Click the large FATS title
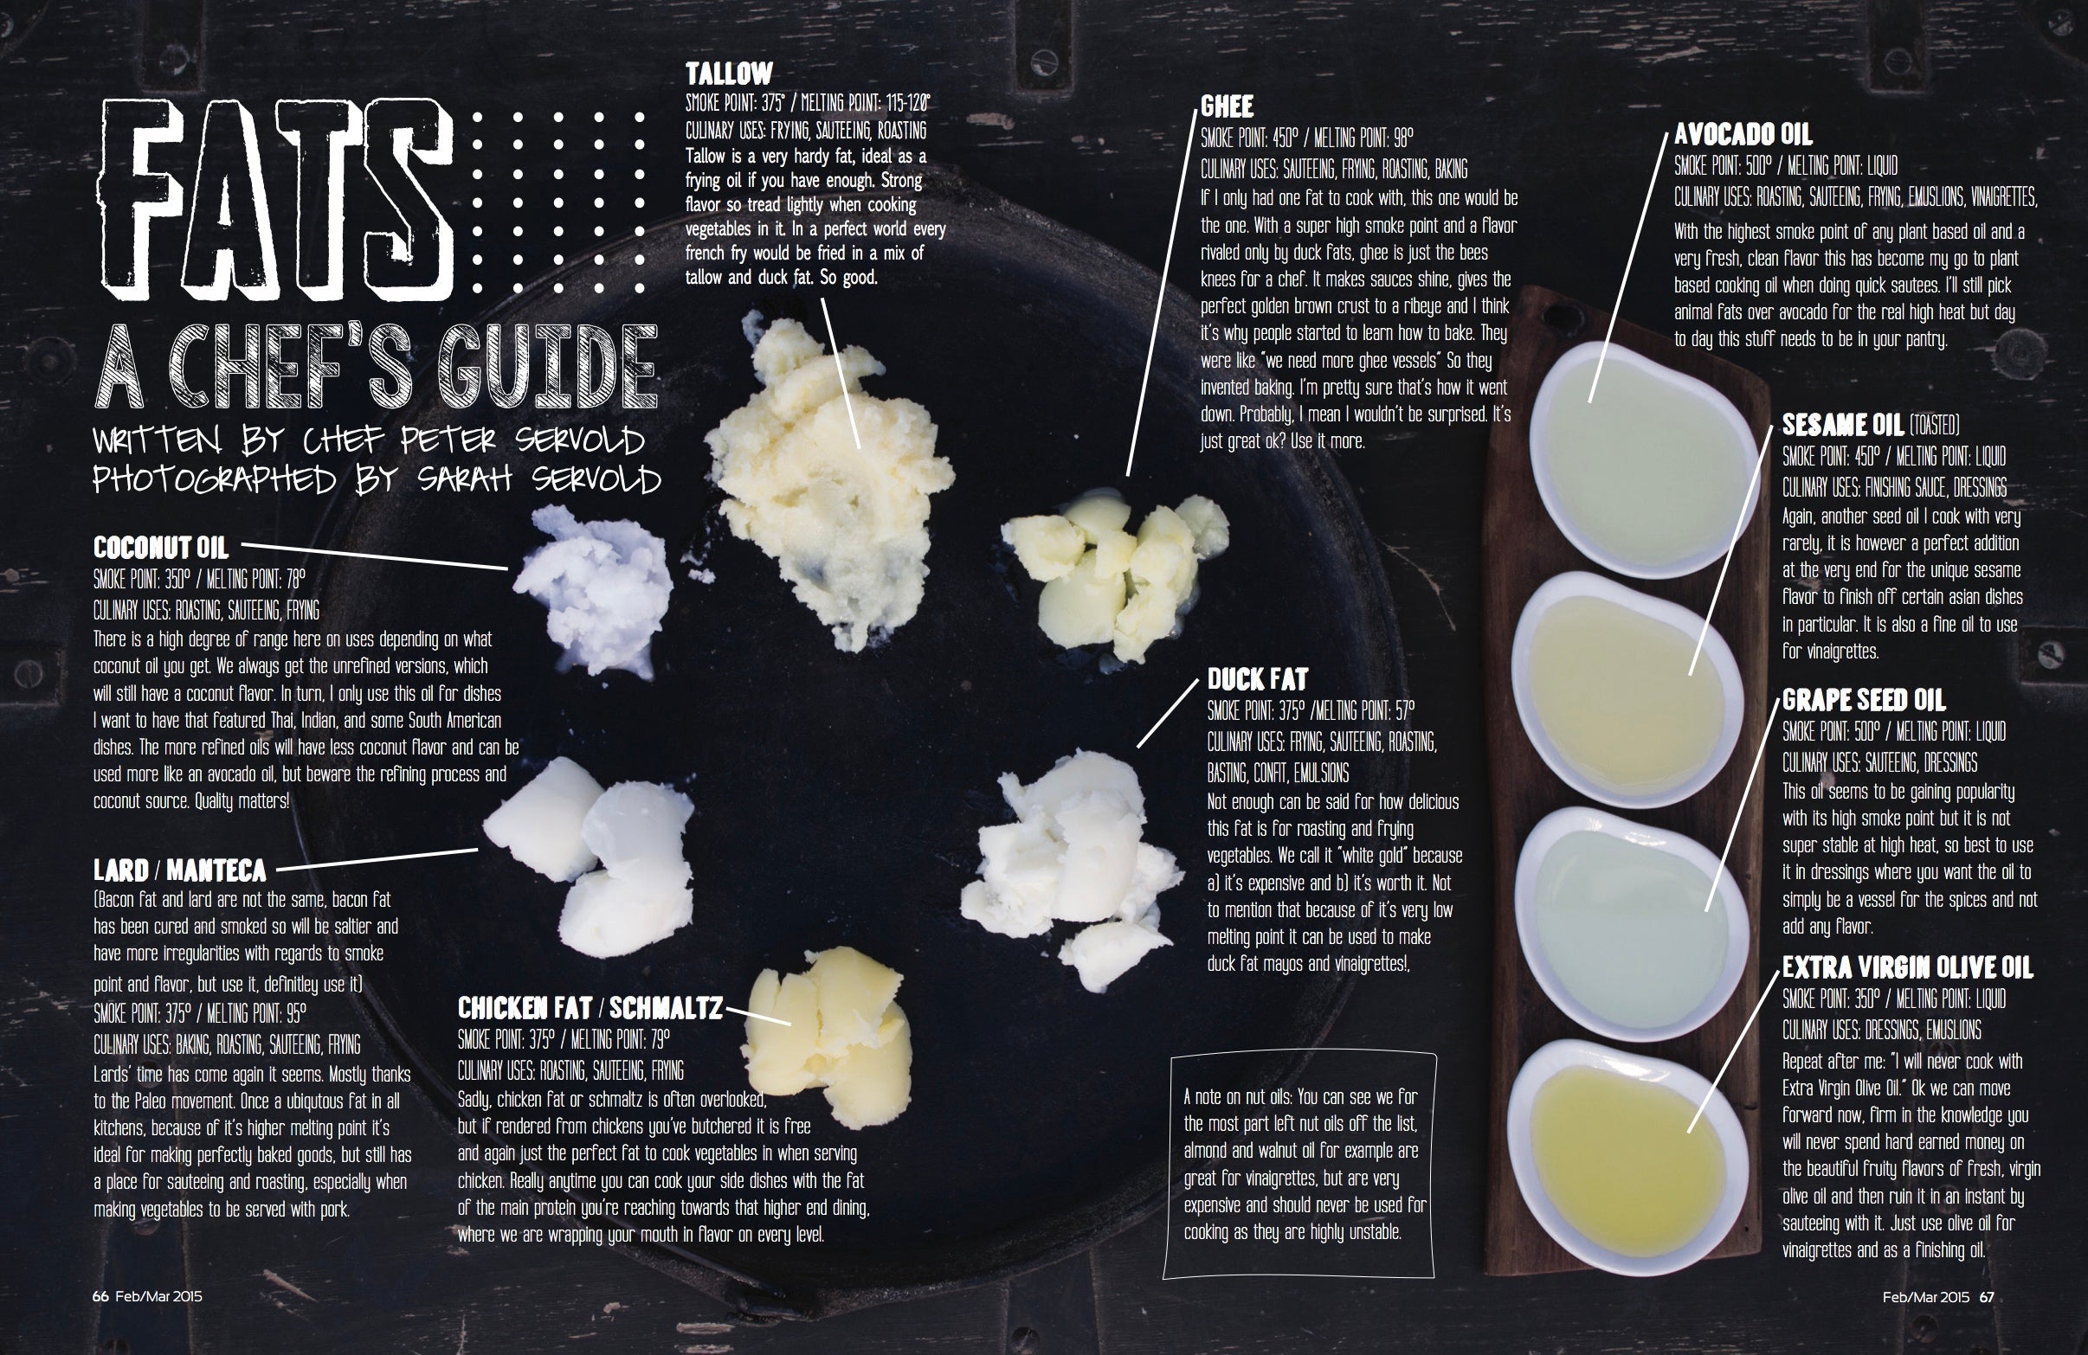276,201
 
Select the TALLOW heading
729,73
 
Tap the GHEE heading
1228,106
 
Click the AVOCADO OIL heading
1743,134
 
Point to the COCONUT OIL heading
160,548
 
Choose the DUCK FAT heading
1257,679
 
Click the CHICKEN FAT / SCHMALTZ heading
590,1009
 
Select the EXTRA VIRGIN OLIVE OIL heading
1907,967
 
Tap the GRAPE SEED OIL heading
1864,700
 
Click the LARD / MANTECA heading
180,870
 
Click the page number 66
100,1296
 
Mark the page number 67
1987,1296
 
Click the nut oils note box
1299,1166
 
